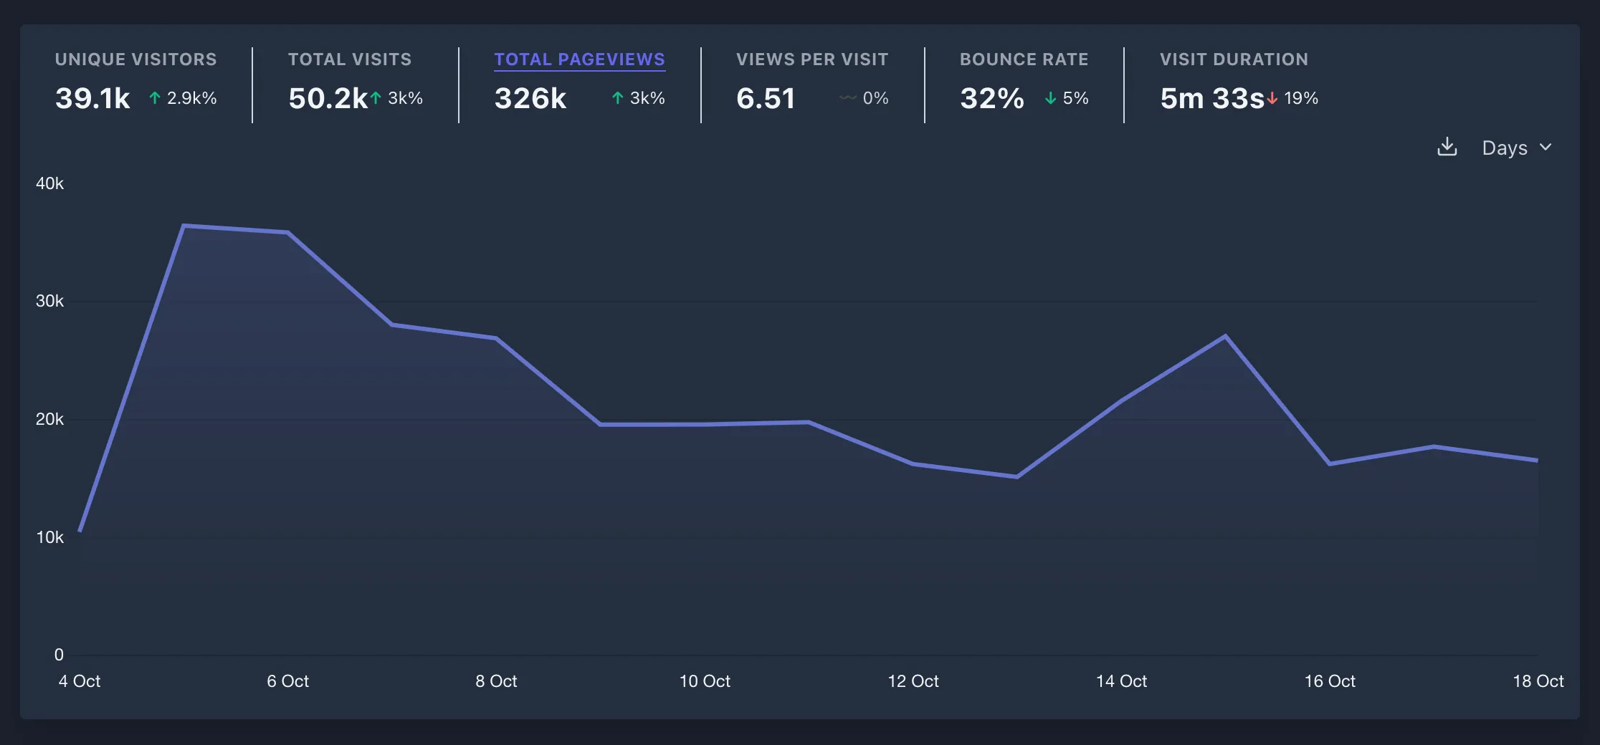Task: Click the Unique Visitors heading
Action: click(135, 59)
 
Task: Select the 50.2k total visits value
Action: click(328, 98)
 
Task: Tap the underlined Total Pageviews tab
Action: click(579, 59)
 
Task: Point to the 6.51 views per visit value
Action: click(766, 98)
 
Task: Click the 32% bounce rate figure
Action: click(991, 98)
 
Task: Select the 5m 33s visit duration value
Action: click(1211, 98)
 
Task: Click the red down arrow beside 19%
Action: click(1272, 98)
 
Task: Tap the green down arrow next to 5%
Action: click(1050, 98)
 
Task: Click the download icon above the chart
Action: click(1447, 147)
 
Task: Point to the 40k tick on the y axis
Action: click(49, 183)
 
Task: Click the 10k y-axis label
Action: click(49, 537)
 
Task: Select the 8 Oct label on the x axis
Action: click(496, 681)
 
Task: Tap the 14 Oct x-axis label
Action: click(1121, 681)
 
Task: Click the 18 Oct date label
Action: click(1538, 681)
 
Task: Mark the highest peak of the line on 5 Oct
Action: click(184, 226)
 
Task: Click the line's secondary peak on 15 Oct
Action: click(1225, 335)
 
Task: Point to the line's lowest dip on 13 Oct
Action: click(1016, 476)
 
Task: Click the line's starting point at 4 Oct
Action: click(80, 531)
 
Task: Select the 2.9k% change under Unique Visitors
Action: click(191, 98)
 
